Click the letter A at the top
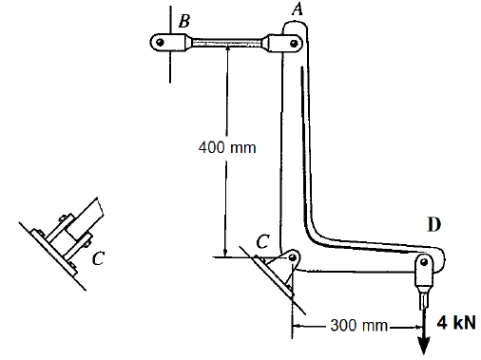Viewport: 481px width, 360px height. pyautogui.click(x=298, y=9)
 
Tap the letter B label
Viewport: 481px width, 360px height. pyautogui.click(x=184, y=21)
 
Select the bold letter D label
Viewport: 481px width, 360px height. pyautogui.click(x=434, y=224)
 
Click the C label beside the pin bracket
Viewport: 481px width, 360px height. pyautogui.click(x=262, y=241)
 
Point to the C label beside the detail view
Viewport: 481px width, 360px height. pyautogui.click(x=98, y=257)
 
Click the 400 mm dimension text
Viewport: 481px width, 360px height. pyautogui.click(x=227, y=147)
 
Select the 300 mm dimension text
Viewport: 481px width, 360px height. pyautogui.click(x=358, y=325)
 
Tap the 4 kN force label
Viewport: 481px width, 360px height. pyautogui.click(x=456, y=323)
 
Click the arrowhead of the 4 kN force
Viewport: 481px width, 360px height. pyautogui.click(x=424, y=346)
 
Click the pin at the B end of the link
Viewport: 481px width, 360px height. pyautogui.click(x=161, y=42)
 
